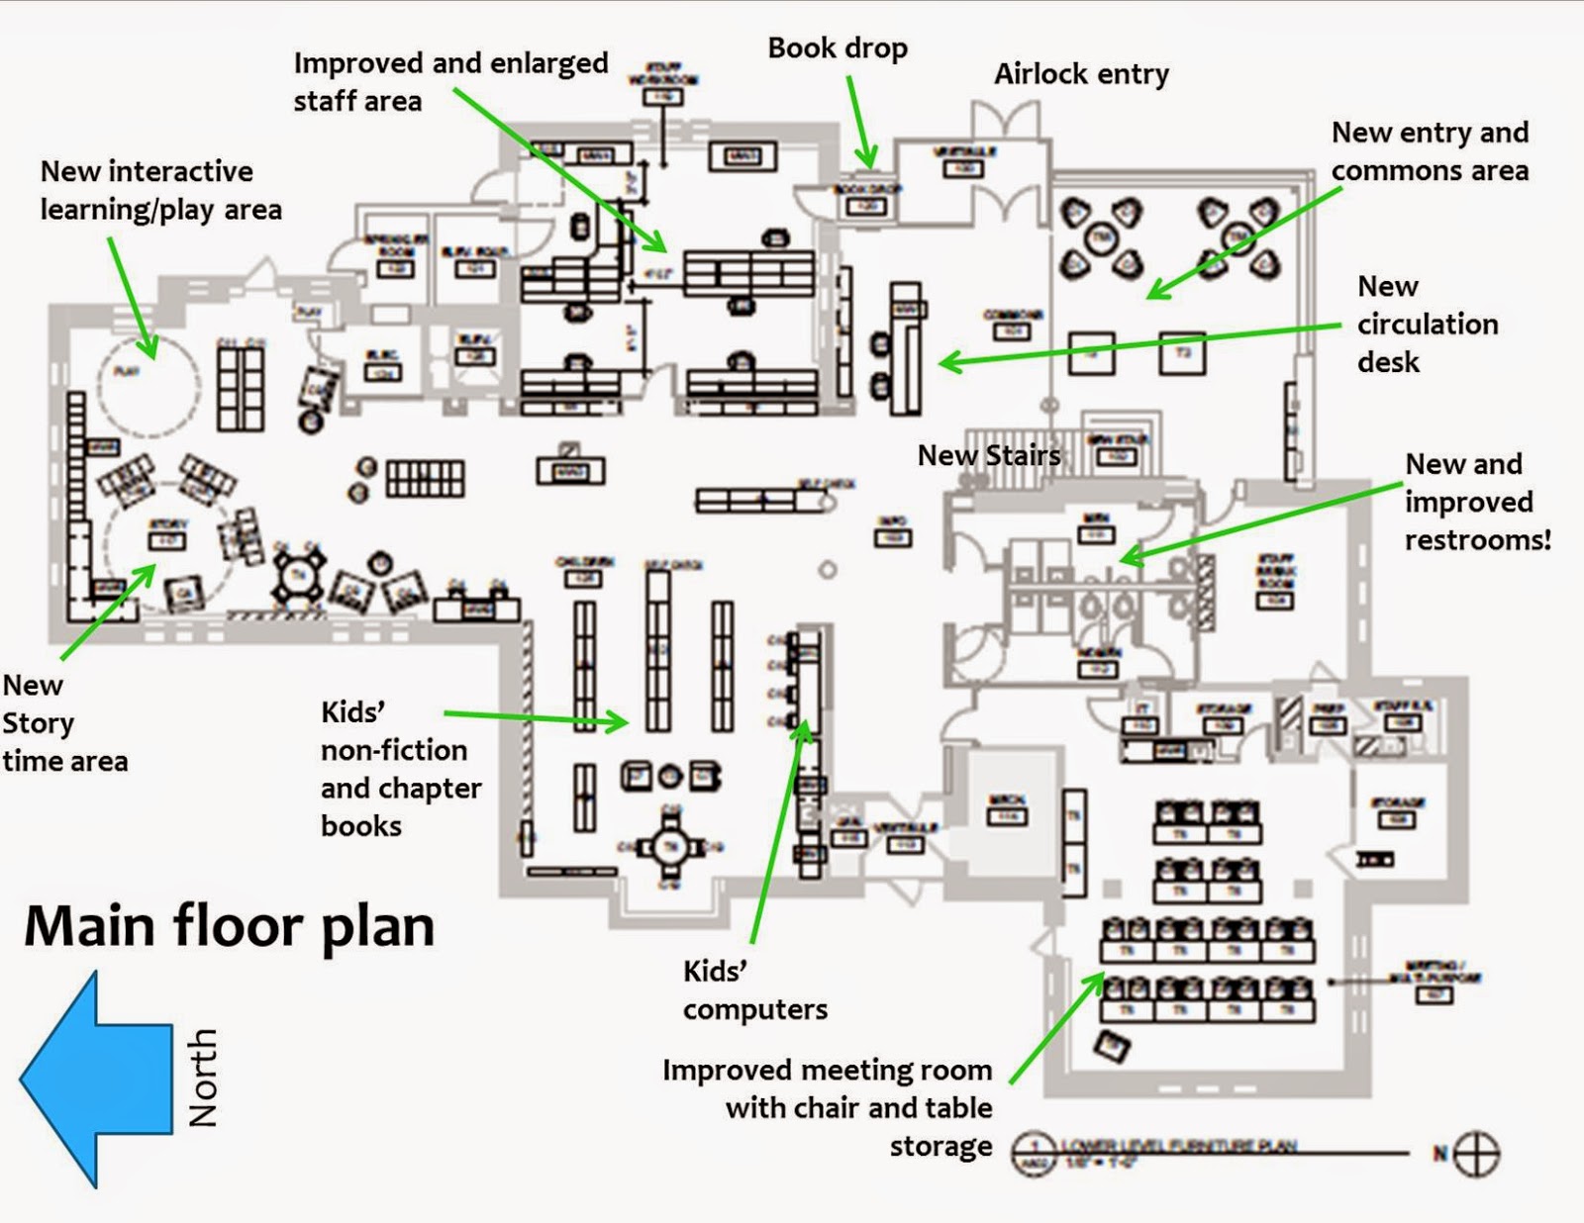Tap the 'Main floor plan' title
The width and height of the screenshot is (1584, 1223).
pos(229,927)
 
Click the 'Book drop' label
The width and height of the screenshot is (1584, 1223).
pos(837,48)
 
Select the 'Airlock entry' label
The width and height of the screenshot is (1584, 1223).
pos(1081,74)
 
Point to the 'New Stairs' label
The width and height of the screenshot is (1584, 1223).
pos(988,455)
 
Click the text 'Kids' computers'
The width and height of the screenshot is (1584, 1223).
pos(754,989)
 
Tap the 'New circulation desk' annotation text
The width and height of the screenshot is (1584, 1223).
pos(1426,324)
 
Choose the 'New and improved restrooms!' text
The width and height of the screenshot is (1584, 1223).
pos(1477,502)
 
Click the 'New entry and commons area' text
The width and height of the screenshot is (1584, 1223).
pos(1430,151)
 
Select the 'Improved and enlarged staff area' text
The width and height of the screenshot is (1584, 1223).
pos(450,81)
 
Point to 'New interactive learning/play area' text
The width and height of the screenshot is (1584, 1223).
pos(160,190)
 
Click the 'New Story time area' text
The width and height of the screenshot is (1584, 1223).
pos(64,722)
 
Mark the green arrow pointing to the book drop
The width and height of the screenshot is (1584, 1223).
pos(859,124)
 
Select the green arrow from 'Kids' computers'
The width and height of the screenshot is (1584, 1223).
pos(778,831)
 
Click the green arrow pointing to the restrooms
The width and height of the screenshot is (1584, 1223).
pos(1257,522)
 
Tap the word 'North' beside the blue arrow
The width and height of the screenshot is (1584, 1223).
pos(203,1078)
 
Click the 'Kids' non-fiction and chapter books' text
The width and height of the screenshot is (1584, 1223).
pos(401,769)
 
